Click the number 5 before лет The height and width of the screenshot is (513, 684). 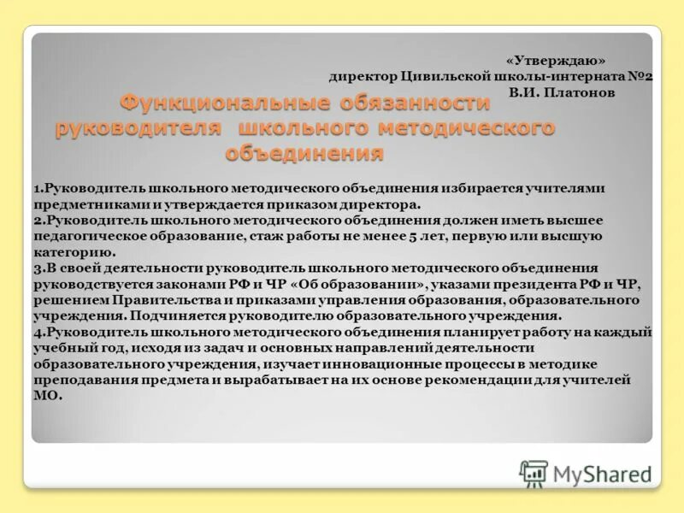tap(388, 236)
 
